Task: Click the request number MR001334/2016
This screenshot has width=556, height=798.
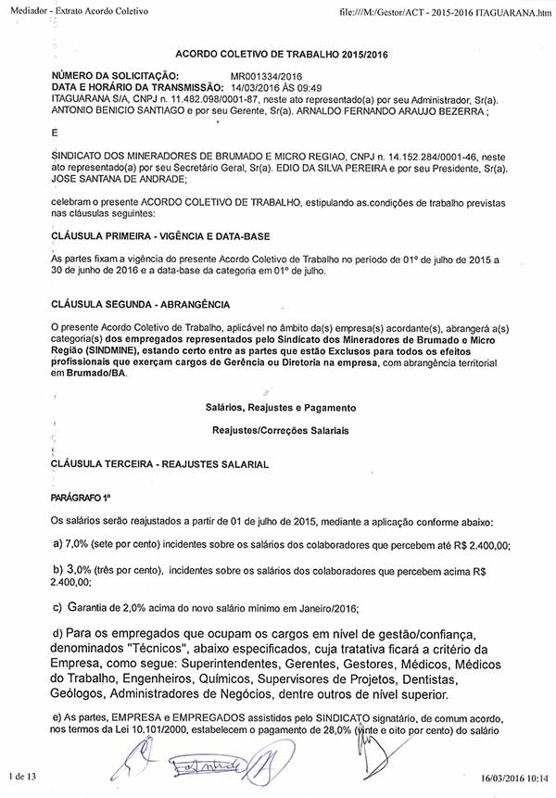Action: coord(266,76)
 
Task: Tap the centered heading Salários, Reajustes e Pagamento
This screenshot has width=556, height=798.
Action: coord(280,408)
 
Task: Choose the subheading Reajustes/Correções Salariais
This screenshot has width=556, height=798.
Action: coord(281,431)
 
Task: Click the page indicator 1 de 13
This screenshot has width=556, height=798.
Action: coord(19,776)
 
